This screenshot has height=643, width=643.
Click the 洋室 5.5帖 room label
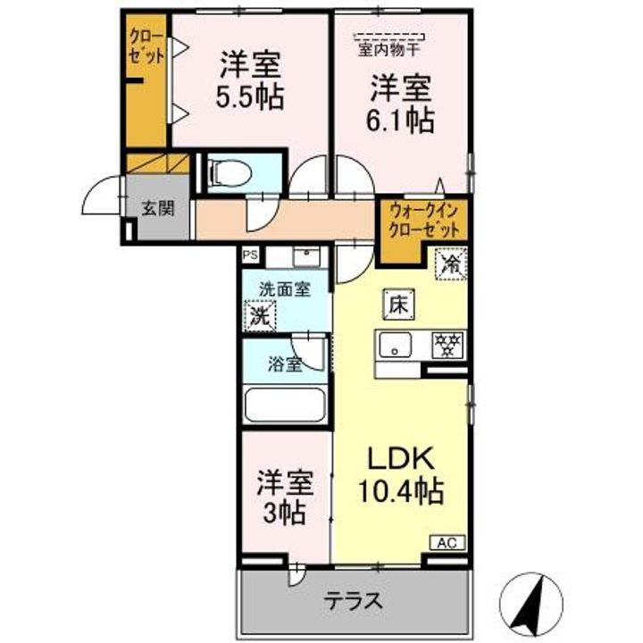pyautogui.click(x=251, y=79)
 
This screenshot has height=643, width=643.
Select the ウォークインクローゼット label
pyautogui.click(x=423, y=219)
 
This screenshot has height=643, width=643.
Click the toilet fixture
pyautogui.click(x=231, y=171)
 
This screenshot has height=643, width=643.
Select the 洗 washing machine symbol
pyautogui.click(x=260, y=314)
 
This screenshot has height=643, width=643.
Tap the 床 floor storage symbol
pyautogui.click(x=397, y=303)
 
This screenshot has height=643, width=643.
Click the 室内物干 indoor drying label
pyautogui.click(x=392, y=49)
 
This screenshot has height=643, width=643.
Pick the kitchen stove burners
pyautogui.click(x=449, y=344)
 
